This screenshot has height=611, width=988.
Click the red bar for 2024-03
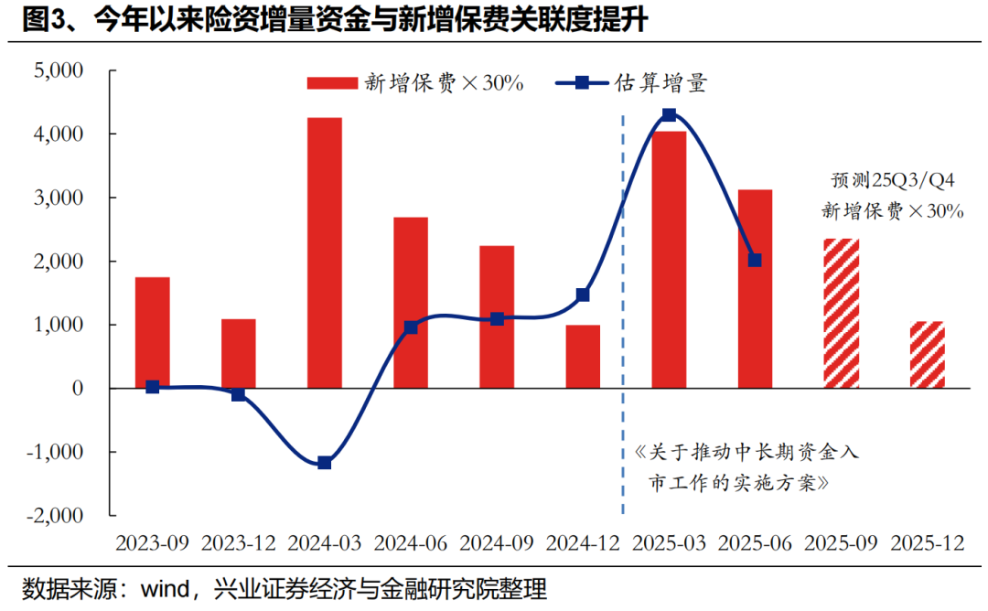click(x=325, y=253)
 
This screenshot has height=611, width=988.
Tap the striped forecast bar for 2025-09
click(x=843, y=314)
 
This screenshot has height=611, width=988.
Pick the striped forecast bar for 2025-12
click(x=928, y=355)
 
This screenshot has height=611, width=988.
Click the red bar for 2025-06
click(x=756, y=289)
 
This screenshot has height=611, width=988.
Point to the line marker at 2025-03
click(x=669, y=115)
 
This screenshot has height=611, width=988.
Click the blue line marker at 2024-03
click(x=325, y=463)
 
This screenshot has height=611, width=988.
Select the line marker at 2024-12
click(x=583, y=295)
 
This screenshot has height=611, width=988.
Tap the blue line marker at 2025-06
click(x=755, y=260)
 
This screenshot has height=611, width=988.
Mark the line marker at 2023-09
click(x=152, y=387)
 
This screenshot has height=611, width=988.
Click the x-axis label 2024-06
click(x=411, y=542)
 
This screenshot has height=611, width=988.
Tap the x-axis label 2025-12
click(x=928, y=542)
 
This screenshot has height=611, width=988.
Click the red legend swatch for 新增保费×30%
click(x=331, y=83)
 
